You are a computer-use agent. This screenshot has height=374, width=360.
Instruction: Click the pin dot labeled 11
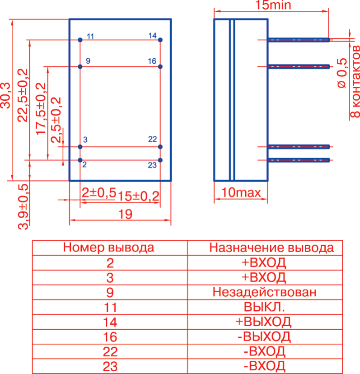pos(80,40)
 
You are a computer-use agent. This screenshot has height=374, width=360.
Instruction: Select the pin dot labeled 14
pos(160,40)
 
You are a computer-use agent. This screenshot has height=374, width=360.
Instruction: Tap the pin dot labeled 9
pos(80,67)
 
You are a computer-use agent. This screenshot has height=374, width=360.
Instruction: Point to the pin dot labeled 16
pos(160,67)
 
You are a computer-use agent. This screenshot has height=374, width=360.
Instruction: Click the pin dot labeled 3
pos(80,147)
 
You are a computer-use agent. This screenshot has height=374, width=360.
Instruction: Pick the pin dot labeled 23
pos(160,160)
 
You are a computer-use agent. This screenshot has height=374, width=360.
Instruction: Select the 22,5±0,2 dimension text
pos(22,95)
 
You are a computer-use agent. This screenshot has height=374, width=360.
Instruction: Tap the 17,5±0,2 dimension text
pos(41,108)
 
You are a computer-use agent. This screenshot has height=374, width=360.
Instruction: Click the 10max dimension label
pos(241,193)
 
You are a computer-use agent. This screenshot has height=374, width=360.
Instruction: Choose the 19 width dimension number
pos(120,215)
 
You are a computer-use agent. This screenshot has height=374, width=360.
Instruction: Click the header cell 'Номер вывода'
pos(109,248)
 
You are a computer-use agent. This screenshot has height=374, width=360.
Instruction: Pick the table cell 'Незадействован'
pos(264,292)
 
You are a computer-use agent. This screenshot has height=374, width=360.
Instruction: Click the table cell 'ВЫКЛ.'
pos(264,307)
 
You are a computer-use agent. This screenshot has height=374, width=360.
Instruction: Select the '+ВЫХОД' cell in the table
pos(264,322)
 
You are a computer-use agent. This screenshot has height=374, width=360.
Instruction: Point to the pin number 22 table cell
pos(109,351)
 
